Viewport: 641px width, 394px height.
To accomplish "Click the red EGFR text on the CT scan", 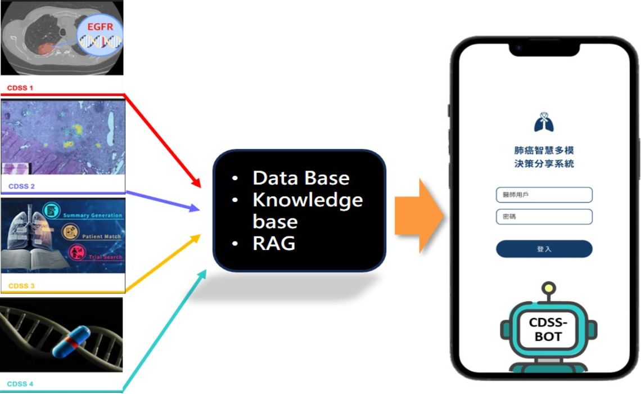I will [101, 26].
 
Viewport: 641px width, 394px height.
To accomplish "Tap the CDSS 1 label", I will [20, 88].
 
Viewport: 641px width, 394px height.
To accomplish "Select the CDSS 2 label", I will [22, 186].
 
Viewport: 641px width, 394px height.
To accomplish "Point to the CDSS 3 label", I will [21, 286].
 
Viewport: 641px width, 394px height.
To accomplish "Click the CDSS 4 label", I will [21, 384].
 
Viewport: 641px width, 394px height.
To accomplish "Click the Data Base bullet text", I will [301, 178].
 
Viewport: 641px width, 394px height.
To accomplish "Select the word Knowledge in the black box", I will [308, 199].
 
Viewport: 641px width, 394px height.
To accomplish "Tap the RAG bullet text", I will [274, 243].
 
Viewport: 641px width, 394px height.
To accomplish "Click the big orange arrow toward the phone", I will [418, 215].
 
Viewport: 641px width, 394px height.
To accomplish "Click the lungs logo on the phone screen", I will [544, 122].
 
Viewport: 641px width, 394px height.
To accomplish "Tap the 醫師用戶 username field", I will [544, 195].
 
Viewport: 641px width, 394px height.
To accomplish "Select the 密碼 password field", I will [544, 217].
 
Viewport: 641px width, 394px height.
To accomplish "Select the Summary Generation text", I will [93, 216].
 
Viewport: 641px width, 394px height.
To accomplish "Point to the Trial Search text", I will [105, 257].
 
